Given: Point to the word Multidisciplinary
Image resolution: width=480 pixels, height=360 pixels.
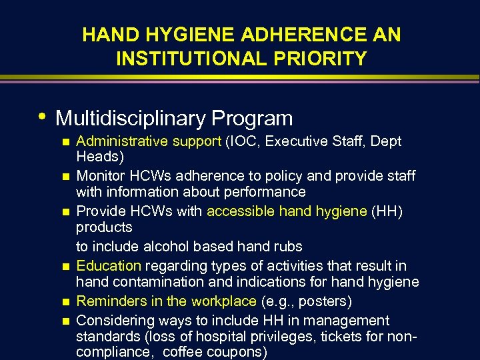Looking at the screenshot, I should [x=131, y=119].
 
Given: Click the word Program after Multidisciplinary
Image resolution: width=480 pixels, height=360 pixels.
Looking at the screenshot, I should [x=252, y=119].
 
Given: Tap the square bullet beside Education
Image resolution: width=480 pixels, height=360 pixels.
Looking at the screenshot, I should [x=64, y=266].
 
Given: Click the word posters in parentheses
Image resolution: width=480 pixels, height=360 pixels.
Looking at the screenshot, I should [x=329, y=301].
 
